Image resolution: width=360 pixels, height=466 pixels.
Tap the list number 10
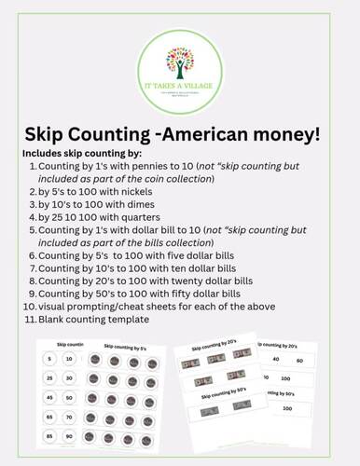29,306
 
